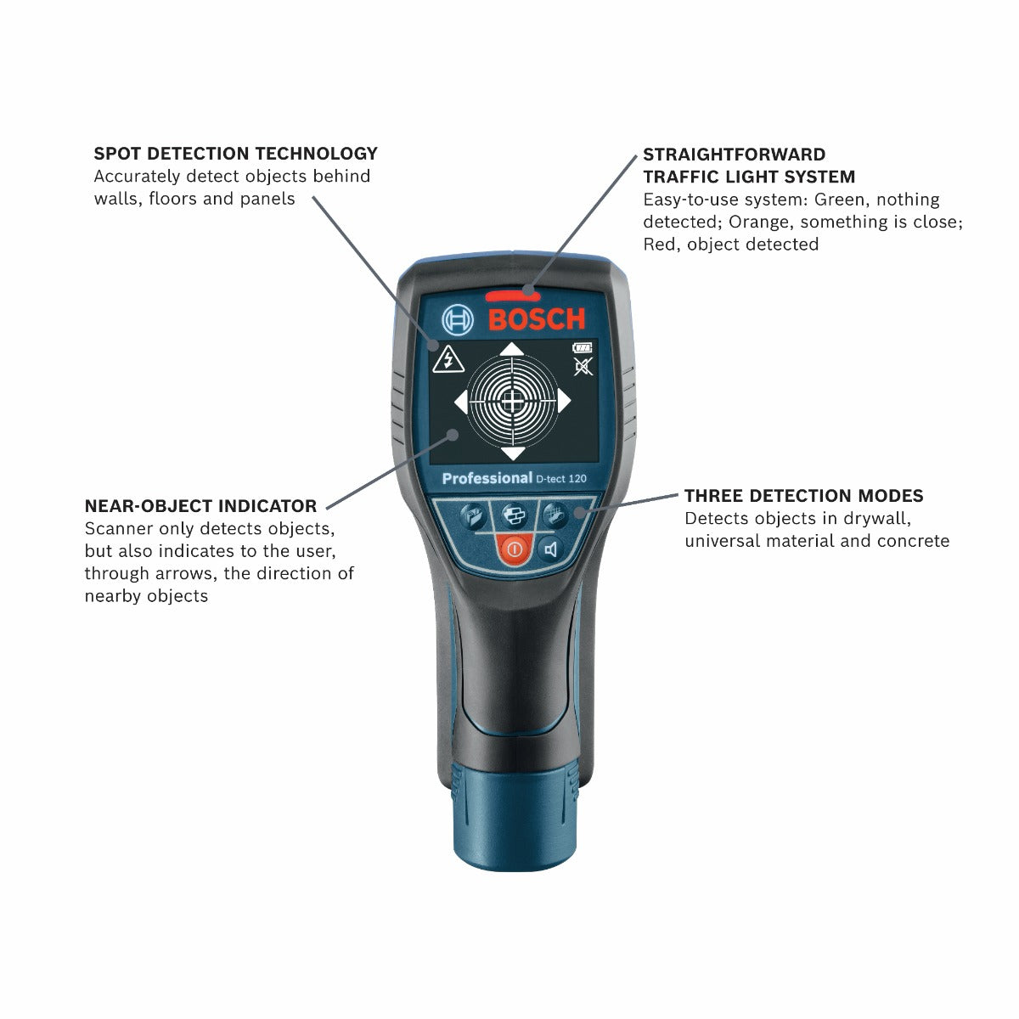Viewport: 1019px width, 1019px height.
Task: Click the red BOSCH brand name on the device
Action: click(x=537, y=319)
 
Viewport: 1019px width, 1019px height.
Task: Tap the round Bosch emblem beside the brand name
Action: click(x=458, y=320)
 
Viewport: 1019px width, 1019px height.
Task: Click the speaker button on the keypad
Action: click(x=551, y=549)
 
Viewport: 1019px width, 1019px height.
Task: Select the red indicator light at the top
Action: click(x=512, y=296)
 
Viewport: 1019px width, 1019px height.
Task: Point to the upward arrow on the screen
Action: click(x=510, y=348)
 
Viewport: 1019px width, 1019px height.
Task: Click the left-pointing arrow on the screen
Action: click(x=460, y=402)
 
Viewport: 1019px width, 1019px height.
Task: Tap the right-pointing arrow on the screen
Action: click(x=563, y=402)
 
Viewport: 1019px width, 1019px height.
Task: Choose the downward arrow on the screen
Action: click(x=512, y=454)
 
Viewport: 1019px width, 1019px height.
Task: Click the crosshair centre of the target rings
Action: click(x=511, y=402)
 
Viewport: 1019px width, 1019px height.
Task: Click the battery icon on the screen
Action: click(x=583, y=347)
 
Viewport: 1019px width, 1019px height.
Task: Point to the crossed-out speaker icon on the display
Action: click(x=583, y=367)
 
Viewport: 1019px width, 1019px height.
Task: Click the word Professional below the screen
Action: click(x=487, y=478)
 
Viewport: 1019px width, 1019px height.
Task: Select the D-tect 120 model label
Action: click(x=561, y=479)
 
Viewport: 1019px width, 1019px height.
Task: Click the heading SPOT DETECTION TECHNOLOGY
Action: click(x=235, y=154)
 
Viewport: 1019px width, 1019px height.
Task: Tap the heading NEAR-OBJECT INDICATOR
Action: click(x=200, y=506)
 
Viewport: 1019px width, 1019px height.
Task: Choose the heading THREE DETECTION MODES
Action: click(x=803, y=496)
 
